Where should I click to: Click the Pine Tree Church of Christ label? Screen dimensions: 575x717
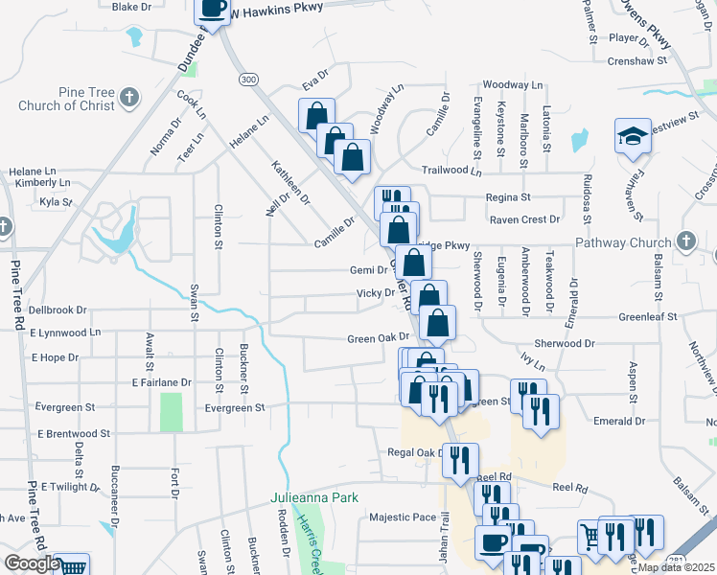(x=64, y=99)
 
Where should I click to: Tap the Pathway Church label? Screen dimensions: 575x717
(x=623, y=242)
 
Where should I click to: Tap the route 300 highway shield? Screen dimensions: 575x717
(x=249, y=79)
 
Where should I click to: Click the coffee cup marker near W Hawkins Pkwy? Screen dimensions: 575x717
(x=213, y=10)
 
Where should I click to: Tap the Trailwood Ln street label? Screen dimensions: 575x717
(x=455, y=170)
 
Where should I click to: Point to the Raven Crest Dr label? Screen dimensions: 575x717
(x=524, y=219)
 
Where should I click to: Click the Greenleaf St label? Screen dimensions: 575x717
(x=648, y=315)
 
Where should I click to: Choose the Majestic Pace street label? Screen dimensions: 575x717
(x=403, y=517)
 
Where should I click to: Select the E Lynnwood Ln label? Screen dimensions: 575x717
(x=65, y=333)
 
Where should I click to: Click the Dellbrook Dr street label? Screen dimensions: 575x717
(x=58, y=310)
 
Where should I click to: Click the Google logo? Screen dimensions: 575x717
(x=31, y=563)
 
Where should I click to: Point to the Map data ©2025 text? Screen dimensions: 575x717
(x=675, y=567)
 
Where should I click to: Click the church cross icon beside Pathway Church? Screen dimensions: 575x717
(x=686, y=241)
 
